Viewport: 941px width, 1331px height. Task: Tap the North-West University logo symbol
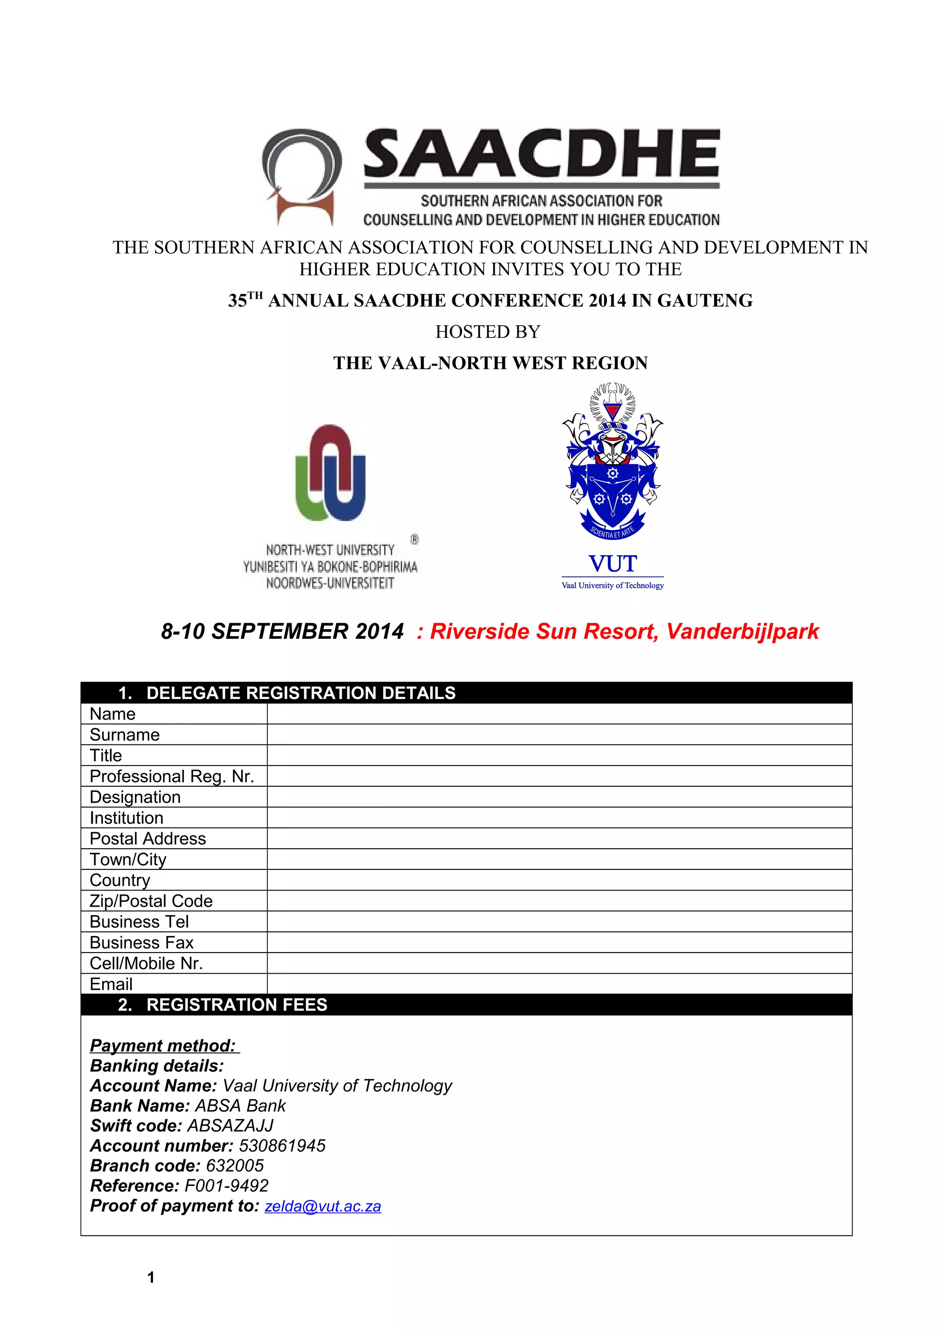click(330, 473)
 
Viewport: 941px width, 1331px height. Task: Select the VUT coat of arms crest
click(612, 461)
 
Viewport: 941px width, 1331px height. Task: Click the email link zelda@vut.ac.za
click(323, 1207)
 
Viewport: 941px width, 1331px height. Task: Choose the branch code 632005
click(235, 1166)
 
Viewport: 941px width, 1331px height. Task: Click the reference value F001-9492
click(226, 1186)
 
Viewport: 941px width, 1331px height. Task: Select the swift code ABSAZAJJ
click(230, 1126)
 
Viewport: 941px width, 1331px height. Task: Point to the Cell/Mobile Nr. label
click(146, 964)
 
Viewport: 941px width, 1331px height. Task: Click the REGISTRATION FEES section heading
click(237, 1004)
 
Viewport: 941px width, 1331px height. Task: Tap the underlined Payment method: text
click(163, 1046)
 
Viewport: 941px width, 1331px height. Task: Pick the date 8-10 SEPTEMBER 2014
click(283, 632)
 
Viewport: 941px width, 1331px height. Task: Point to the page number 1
click(151, 1277)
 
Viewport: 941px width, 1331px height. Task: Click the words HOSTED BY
click(488, 332)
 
